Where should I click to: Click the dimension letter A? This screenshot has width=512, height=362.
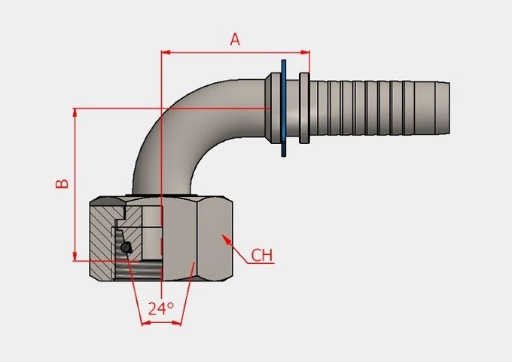235,39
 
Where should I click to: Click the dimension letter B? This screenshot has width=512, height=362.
62,183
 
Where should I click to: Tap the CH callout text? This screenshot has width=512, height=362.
262,256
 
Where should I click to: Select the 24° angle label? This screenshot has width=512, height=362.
161,308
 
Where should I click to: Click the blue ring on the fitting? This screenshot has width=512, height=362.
283,108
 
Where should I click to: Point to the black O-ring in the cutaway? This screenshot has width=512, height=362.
126,247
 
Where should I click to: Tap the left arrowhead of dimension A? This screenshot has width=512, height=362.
166,52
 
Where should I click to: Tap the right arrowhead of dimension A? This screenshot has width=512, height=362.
305,52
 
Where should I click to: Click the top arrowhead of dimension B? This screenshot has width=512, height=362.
75,112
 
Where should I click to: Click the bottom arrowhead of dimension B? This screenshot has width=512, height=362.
75,256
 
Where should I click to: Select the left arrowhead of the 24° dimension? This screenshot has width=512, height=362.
145,323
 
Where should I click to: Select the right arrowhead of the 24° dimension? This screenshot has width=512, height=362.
176,323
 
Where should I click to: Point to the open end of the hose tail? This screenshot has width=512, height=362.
448,108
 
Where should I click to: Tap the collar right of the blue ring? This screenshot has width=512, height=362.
304,108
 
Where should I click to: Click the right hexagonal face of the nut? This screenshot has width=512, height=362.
215,238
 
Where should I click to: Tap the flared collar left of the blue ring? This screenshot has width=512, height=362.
273,108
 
